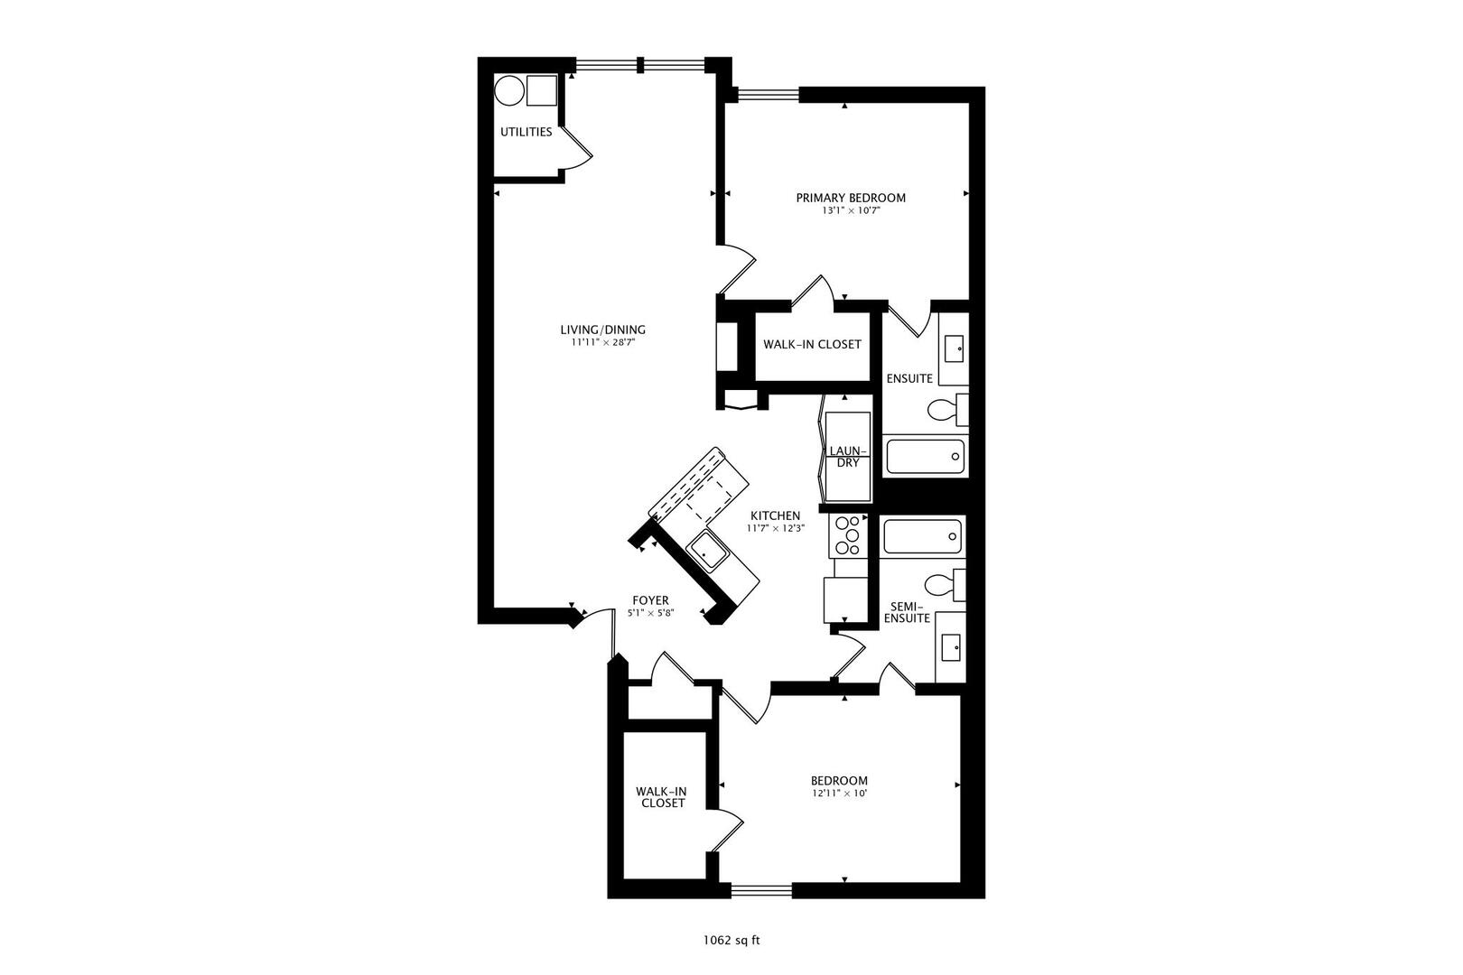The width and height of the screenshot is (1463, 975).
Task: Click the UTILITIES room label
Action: [x=526, y=132]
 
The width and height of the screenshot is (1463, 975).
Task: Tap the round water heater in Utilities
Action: [x=508, y=91]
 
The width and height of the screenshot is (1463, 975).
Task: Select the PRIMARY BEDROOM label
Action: [x=850, y=198]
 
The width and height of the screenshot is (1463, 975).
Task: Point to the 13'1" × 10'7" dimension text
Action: [x=850, y=210]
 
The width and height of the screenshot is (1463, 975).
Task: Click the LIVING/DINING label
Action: [x=602, y=330]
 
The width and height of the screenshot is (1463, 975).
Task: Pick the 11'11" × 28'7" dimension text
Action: [x=602, y=342]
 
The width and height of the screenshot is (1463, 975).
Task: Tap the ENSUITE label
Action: [x=909, y=378]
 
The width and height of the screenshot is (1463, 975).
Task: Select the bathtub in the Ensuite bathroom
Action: [x=925, y=456]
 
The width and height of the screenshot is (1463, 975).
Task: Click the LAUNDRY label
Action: [x=848, y=456]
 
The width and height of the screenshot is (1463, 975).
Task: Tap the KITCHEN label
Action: [x=774, y=515]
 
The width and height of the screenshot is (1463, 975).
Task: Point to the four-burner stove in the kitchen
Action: [x=848, y=534]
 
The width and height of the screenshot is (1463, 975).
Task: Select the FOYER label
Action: [x=650, y=599]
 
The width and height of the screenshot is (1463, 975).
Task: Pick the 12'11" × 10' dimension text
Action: [x=839, y=794]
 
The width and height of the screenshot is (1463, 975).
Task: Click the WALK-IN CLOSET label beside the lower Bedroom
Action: [x=662, y=796]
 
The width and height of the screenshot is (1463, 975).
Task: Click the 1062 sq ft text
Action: [x=731, y=940]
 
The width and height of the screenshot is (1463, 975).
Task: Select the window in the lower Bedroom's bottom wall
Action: [x=760, y=892]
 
